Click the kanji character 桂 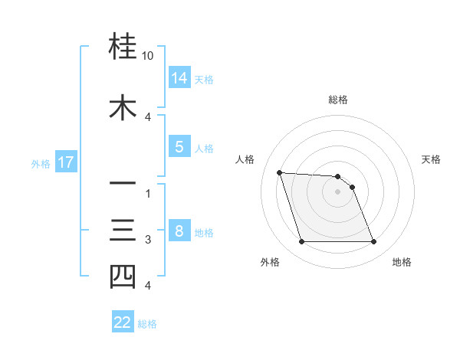point(123,47)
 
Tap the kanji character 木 point(123,107)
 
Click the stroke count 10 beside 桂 point(148,57)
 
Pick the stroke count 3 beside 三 point(148,240)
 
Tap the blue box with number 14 point(179,78)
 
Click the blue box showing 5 point(179,148)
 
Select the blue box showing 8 point(179,232)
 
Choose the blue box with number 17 point(65,162)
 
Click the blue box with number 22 point(123,322)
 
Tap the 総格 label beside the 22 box point(147,324)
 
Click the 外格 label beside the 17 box point(41,163)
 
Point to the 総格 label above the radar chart point(338,100)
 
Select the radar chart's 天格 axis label point(432,159)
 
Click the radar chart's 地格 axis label point(402,262)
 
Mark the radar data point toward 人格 point(279,172)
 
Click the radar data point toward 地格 point(373,242)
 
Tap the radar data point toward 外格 point(301,242)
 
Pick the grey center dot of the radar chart point(338,191)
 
